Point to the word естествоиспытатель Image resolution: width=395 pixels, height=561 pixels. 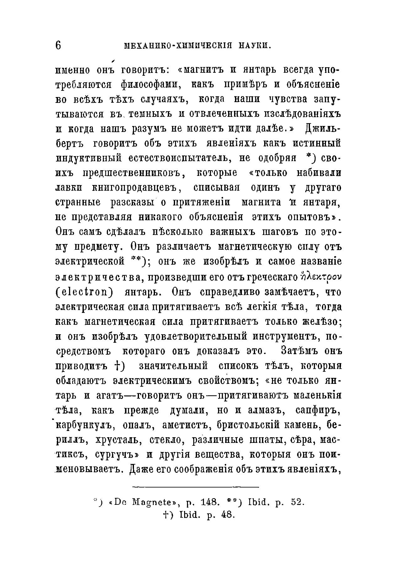[x=178, y=158]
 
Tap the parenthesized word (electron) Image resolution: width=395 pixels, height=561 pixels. [x=84, y=292]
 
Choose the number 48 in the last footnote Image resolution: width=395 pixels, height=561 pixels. [x=227, y=515]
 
